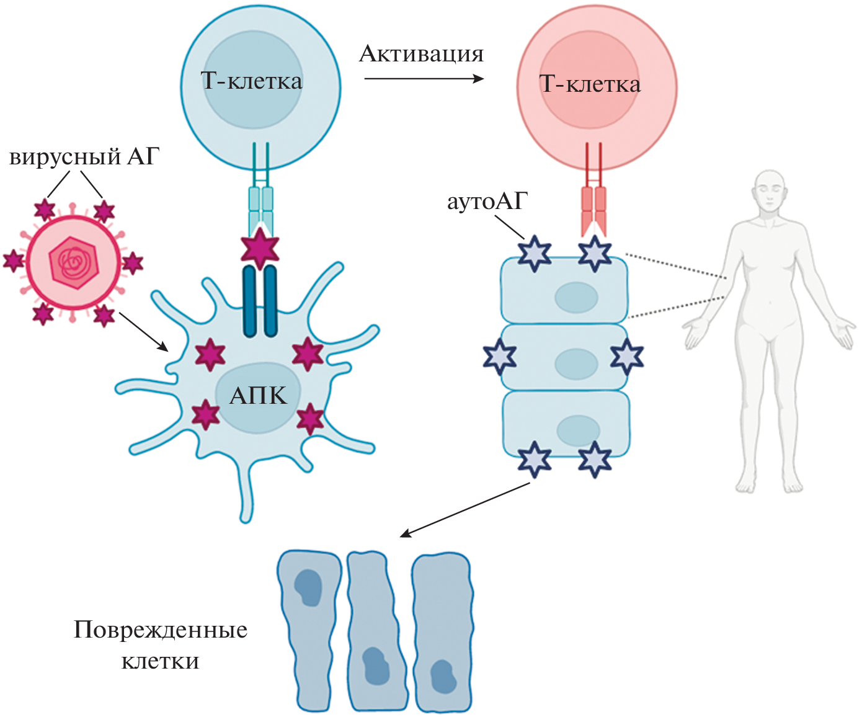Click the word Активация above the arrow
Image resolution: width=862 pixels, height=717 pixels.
click(x=421, y=55)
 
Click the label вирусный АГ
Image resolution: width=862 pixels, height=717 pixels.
click(x=84, y=157)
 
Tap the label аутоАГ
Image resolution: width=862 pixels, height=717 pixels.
click(x=487, y=202)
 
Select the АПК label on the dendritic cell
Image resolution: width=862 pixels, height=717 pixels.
click(x=258, y=396)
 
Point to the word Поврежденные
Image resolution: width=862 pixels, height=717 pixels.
click(x=161, y=630)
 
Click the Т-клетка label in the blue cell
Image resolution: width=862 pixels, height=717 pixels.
click(x=252, y=81)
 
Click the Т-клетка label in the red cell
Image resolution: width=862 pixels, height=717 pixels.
click(x=590, y=84)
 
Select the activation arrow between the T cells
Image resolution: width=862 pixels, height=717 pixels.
click(x=424, y=79)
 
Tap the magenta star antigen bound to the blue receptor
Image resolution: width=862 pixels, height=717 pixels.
click(x=260, y=247)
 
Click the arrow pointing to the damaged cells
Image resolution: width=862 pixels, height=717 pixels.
click(x=465, y=510)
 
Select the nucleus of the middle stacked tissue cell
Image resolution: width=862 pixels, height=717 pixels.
click(x=576, y=363)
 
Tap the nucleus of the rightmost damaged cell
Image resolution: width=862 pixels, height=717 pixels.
click(x=443, y=676)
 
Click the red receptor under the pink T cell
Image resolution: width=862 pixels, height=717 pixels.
click(x=593, y=208)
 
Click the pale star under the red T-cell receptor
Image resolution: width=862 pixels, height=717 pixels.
click(x=595, y=253)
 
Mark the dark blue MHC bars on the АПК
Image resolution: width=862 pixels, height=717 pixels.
click(x=260, y=301)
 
